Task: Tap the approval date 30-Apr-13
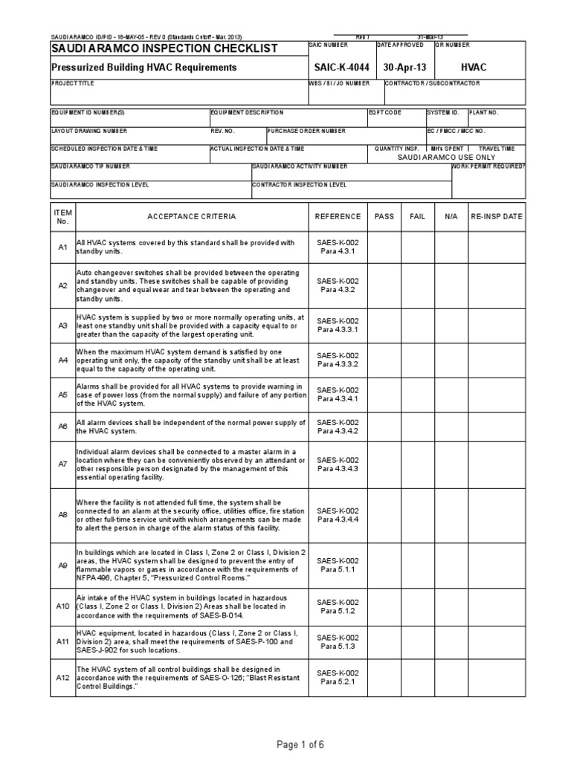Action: click(402, 68)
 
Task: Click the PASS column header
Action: click(384, 216)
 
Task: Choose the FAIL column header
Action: click(418, 216)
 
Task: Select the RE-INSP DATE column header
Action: click(497, 216)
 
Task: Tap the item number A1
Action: click(63, 247)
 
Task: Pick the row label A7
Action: click(63, 464)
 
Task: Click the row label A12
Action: click(63, 678)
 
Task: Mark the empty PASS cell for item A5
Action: click(384, 395)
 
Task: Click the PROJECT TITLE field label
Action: click(72, 84)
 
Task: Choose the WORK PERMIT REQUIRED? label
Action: click(488, 166)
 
